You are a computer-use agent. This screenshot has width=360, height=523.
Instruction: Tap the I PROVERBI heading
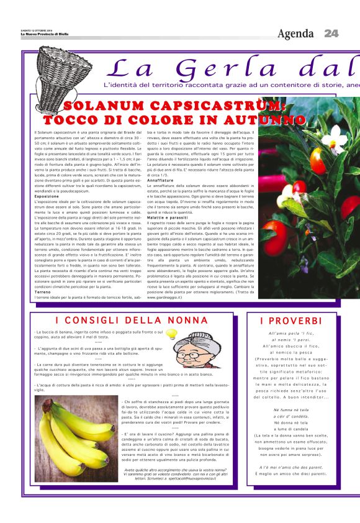pyautogui.click(x=291, y=321)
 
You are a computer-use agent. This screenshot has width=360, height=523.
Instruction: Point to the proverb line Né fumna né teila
pyautogui.click(x=291, y=410)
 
